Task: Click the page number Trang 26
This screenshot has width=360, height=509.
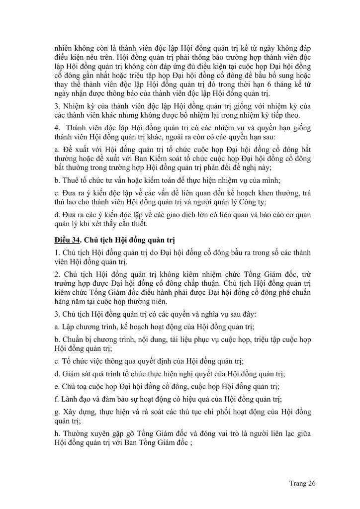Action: click(302, 483)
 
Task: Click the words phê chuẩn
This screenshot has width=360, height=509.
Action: click(288, 292)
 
